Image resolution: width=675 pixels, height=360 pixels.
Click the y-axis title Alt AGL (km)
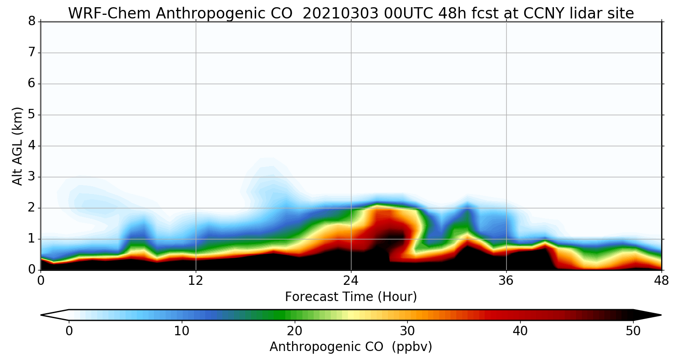[17, 146]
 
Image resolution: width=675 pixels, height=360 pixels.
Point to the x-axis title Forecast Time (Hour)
[351, 297]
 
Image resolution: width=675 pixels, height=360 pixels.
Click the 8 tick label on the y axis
[31, 22]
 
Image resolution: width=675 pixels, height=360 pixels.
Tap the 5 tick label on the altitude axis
[31, 115]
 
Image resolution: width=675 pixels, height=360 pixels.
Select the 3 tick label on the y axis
[31, 177]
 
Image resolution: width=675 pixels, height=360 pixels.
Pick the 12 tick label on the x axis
[196, 279]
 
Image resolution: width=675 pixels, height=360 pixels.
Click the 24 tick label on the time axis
[351, 279]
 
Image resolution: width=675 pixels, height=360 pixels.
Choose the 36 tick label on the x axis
[506, 279]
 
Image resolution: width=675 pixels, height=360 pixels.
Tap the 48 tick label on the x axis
[661, 279]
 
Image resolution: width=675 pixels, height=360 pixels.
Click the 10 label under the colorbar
[182, 331]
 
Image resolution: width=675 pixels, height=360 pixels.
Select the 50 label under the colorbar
[633, 331]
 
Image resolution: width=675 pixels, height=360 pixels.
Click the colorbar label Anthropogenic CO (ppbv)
[351, 347]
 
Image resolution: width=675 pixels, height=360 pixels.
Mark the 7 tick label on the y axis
[31, 53]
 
